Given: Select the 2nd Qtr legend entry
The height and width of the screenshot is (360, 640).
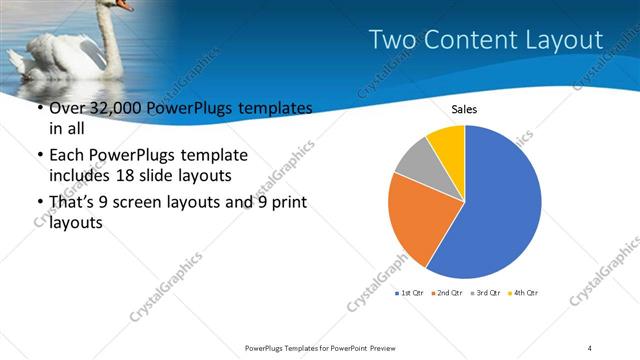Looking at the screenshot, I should pyautogui.click(x=448, y=292).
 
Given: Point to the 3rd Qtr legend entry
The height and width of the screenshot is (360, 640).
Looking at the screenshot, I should pyautogui.click(x=487, y=292).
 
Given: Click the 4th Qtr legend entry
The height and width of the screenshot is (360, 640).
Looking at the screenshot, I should pyautogui.click(x=525, y=292).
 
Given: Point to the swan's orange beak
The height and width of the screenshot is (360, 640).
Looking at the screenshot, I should pyautogui.click(x=124, y=5).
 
